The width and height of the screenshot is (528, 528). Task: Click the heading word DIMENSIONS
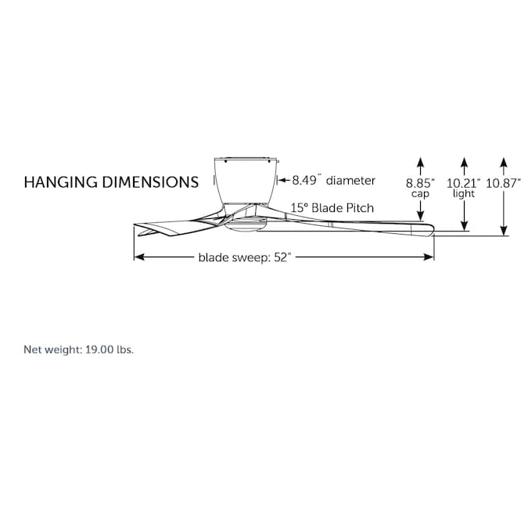[x=149, y=182]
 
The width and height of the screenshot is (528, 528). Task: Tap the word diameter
[x=350, y=181]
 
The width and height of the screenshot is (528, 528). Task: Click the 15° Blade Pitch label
[x=332, y=208]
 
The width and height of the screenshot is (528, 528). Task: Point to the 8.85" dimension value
[x=421, y=183]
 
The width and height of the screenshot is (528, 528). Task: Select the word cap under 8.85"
[x=421, y=194]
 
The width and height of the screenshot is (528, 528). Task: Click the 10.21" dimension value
[x=464, y=183]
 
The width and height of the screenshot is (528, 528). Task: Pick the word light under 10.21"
[x=464, y=194]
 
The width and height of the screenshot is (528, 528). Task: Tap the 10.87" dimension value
[x=504, y=183]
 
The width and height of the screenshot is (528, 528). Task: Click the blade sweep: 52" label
[x=244, y=257]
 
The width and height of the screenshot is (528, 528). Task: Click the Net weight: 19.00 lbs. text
[x=79, y=350]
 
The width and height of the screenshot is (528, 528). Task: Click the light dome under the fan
[x=245, y=226]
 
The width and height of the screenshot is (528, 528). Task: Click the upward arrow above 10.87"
[x=504, y=163]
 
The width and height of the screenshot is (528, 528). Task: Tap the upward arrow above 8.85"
[x=421, y=163]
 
